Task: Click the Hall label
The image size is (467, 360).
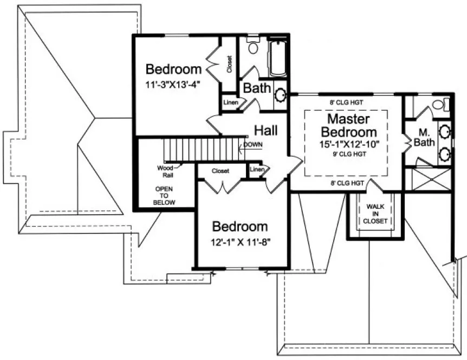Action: pyautogui.click(x=266, y=131)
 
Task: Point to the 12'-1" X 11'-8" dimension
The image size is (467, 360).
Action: pyautogui.click(x=239, y=241)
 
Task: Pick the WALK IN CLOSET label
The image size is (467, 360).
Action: pyautogui.click(x=375, y=214)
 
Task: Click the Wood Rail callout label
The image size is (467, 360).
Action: pyautogui.click(x=165, y=171)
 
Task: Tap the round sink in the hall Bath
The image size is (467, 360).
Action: pyautogui.click(x=281, y=96)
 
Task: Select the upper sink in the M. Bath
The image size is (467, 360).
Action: pyautogui.click(x=444, y=131)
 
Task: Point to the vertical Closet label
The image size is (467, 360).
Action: pyautogui.click(x=230, y=64)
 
